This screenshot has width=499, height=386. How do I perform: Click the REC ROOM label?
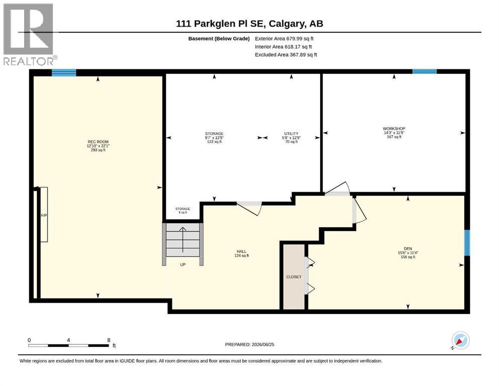tap(98, 142)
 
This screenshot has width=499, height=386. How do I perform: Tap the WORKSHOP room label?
tap(394, 129)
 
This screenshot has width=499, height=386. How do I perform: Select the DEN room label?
tap(408, 248)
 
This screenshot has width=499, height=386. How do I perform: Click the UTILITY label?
tap(291, 134)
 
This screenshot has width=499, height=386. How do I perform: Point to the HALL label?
tap(242, 251)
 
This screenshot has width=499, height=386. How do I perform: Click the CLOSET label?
tap(294, 277)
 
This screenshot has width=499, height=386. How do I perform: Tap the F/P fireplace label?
tap(44, 216)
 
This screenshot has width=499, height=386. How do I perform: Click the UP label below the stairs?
tap(183, 264)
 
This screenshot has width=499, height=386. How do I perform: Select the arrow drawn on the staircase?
tap(183, 239)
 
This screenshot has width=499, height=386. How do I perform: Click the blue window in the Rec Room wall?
tap(64, 72)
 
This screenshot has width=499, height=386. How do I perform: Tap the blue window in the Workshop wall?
tap(425, 71)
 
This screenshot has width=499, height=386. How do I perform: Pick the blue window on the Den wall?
tap(467, 242)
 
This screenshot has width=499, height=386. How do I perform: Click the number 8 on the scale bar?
tap(109, 340)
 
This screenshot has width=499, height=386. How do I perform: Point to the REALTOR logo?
tap(29, 34)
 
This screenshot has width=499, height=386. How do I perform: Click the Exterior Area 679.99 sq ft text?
tap(284, 39)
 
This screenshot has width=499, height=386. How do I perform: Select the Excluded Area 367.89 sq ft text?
tap(286, 54)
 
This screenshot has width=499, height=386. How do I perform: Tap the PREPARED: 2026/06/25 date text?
tap(249, 344)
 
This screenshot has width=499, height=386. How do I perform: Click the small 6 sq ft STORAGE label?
tap(183, 211)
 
